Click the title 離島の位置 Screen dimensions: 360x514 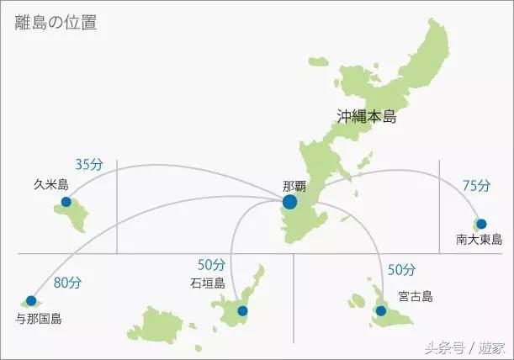(56, 23)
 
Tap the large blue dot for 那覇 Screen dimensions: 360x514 (290, 202)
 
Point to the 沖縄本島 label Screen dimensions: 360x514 (366, 117)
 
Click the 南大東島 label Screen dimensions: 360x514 (480, 239)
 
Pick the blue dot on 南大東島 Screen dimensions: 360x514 (480, 224)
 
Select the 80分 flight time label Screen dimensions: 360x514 (67, 283)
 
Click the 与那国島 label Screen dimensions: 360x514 (39, 319)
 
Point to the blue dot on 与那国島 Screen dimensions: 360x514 (31, 300)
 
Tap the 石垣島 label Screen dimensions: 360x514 (209, 283)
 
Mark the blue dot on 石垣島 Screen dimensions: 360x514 (242, 311)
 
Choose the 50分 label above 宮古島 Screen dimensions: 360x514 (401, 270)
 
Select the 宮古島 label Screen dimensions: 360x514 (416, 296)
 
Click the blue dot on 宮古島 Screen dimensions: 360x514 (380, 311)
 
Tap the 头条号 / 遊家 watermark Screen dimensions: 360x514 (464, 347)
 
